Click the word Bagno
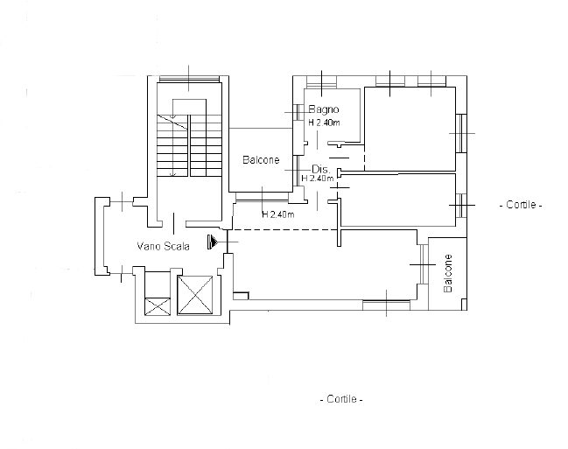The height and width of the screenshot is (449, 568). (324, 109)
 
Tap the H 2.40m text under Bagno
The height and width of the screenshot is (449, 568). (324, 123)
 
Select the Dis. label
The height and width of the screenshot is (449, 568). (320, 169)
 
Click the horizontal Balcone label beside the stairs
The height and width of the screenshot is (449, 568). (261, 160)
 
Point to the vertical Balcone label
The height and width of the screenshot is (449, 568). (448, 273)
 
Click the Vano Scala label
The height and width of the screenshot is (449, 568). (163, 247)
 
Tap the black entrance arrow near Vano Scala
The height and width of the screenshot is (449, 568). (213, 242)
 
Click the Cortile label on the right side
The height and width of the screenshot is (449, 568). (521, 205)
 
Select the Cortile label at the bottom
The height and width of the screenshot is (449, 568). (341, 399)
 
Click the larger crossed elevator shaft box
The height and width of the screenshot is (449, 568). (195, 295)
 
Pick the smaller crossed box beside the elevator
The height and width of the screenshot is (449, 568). (158, 306)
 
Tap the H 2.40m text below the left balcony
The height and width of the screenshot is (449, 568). (277, 214)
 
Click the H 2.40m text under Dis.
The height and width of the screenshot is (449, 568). (318, 179)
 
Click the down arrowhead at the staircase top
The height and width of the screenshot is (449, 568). (172, 116)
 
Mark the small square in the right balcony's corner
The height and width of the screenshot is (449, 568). (464, 305)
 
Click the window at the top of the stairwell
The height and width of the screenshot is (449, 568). (189, 79)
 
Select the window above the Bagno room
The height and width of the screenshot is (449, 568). (322, 81)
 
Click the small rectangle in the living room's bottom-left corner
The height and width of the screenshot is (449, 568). (241, 296)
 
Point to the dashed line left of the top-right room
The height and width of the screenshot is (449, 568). (364, 158)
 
